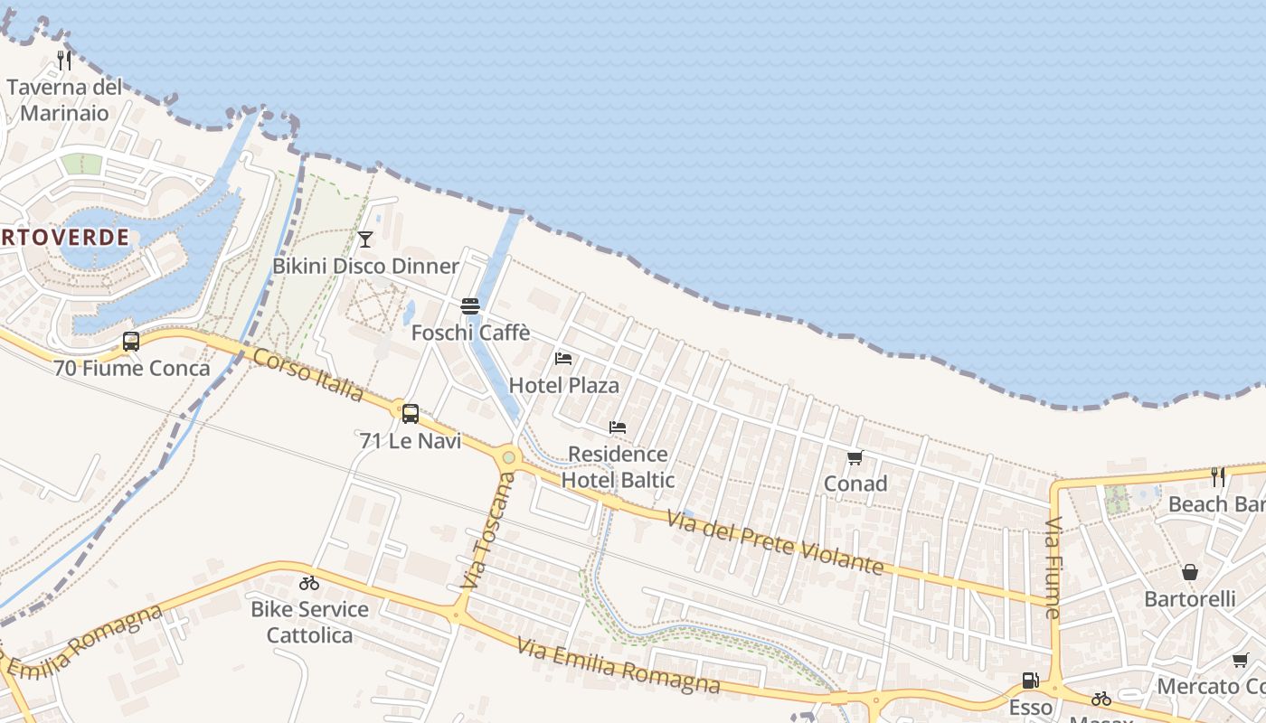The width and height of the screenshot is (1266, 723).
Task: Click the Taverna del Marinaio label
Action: [x=64, y=100]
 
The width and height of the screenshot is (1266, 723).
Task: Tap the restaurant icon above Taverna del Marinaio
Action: [x=64, y=61]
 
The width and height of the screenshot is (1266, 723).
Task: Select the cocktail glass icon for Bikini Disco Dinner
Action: [x=365, y=239]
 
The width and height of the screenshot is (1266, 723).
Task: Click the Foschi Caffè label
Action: [x=470, y=333]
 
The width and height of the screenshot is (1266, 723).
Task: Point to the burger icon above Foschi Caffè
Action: [x=469, y=306]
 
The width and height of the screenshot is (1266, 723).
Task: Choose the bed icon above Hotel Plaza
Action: [x=563, y=359]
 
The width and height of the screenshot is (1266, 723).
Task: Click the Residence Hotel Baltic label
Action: [x=618, y=466]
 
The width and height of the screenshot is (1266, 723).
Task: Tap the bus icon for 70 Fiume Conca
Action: [x=131, y=342]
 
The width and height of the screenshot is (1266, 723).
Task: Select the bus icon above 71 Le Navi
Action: [x=411, y=414]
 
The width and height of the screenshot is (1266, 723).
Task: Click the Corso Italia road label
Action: [x=308, y=375]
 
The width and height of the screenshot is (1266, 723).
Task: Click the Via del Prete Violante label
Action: [x=774, y=542]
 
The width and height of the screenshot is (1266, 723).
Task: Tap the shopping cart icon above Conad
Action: [x=855, y=457]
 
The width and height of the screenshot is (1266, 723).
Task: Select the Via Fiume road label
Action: [x=1053, y=568]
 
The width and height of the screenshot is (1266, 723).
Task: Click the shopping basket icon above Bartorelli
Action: [x=1190, y=572]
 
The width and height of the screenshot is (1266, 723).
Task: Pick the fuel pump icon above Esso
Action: [x=1030, y=681]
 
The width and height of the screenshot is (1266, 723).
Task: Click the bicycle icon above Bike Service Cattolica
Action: [x=309, y=583]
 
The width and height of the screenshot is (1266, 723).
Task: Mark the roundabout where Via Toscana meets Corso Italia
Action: [x=509, y=457]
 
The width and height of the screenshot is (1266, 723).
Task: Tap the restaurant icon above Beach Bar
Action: [x=1218, y=476]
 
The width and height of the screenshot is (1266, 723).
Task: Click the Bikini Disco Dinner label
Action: [x=366, y=266]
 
